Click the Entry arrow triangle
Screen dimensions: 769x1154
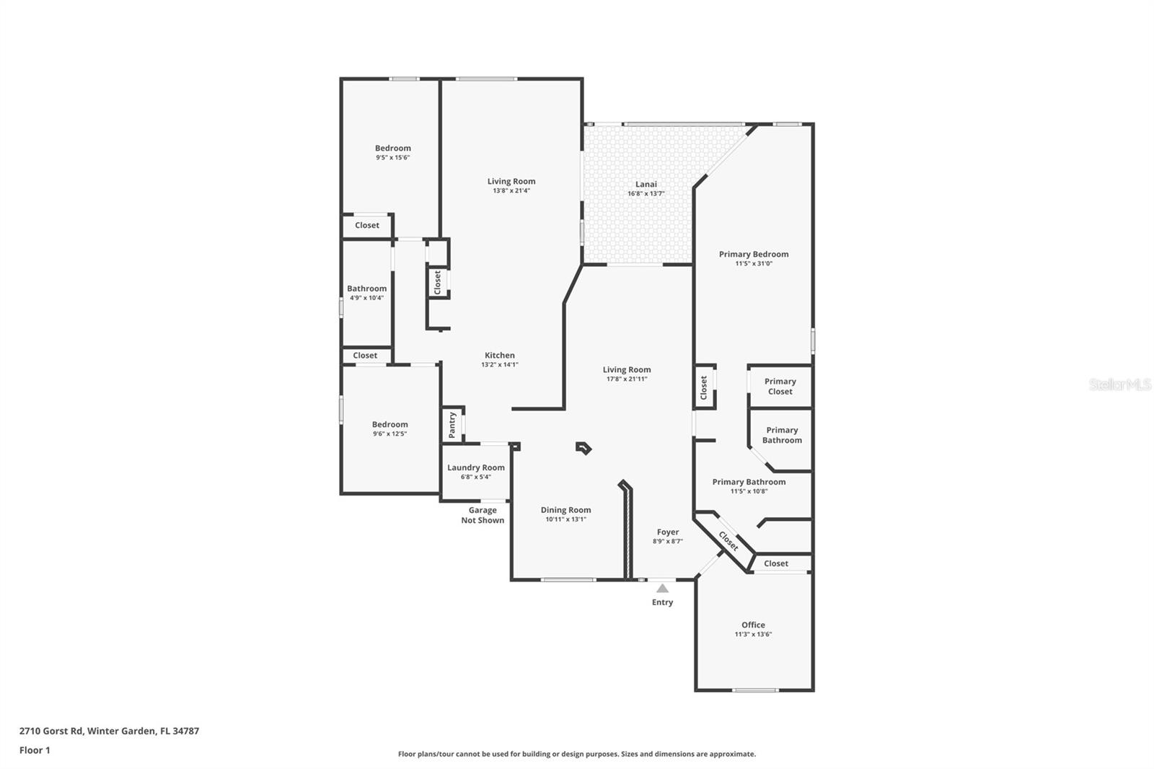(x=662, y=589)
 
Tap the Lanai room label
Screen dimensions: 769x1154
(x=646, y=184)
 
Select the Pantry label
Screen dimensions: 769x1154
(x=452, y=425)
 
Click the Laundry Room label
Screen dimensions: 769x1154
(x=476, y=467)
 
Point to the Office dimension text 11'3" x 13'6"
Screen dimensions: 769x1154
(x=753, y=635)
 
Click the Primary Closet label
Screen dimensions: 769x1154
(x=780, y=387)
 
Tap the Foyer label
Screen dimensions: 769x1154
(x=668, y=532)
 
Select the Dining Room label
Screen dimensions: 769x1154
(x=566, y=510)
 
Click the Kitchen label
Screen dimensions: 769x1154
(x=500, y=355)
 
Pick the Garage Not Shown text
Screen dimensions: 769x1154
(x=483, y=515)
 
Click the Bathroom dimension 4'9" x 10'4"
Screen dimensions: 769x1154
(x=366, y=298)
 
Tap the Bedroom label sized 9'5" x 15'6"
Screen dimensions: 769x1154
(x=393, y=148)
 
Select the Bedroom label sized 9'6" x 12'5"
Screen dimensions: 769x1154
(x=390, y=424)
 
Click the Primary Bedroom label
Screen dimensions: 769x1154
(x=754, y=254)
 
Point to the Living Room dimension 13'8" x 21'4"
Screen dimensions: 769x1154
(x=511, y=191)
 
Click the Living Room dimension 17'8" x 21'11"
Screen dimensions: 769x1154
(x=627, y=379)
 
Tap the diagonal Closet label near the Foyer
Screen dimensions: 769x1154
(x=728, y=541)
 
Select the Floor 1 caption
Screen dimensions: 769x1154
(x=35, y=750)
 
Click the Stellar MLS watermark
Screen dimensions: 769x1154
(x=1119, y=384)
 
